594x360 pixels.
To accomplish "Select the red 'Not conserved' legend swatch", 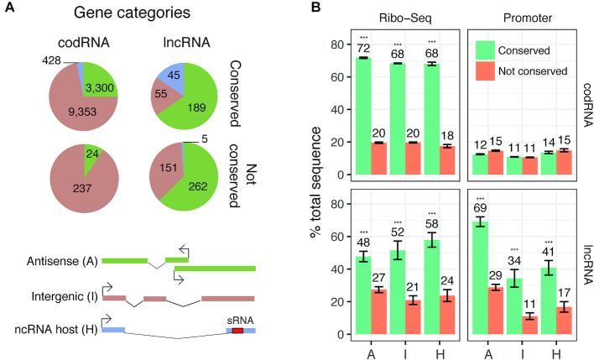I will [x=486, y=71].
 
